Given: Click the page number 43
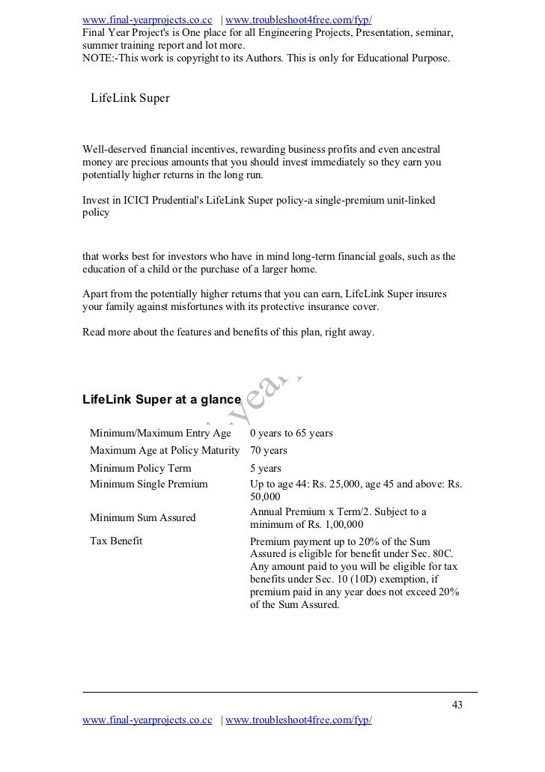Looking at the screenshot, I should coord(456,705).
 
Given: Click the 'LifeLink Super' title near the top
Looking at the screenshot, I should coord(130,98).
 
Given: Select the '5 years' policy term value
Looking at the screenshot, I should coord(266,468).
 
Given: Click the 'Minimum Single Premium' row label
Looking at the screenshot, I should coord(148,484).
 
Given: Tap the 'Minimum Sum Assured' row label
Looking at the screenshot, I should coord(142,517).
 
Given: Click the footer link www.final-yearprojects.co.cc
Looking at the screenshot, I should coord(147,720).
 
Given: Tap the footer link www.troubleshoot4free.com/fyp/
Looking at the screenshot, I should coord(298,720).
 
